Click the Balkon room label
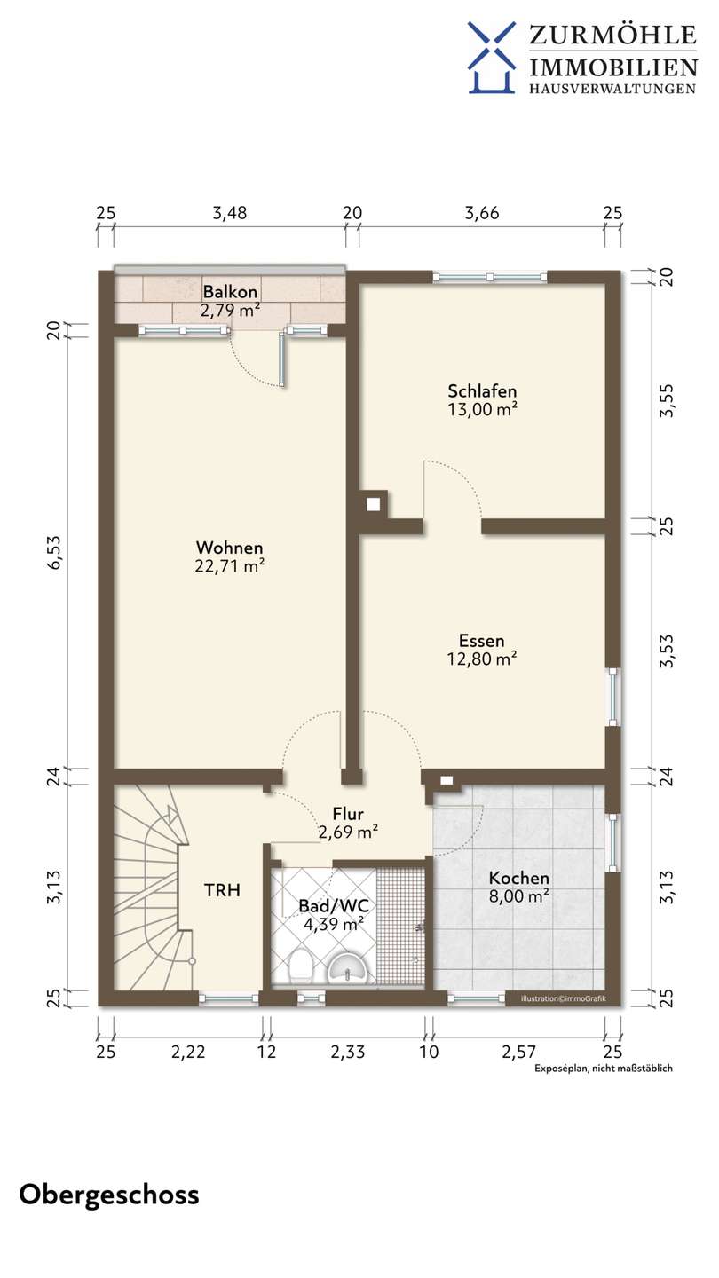point(230,291)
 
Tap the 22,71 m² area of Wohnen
point(229,566)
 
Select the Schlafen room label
point(482,390)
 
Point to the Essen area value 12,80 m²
point(482,659)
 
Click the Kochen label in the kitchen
point(518,878)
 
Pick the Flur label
point(348,814)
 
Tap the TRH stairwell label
point(222,890)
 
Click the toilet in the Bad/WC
point(300,966)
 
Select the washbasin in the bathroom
point(348,969)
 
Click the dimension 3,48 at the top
point(230,213)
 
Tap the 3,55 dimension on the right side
point(666,401)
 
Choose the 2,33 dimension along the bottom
point(348,1052)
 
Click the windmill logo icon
point(492,58)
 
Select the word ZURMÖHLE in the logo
point(612,35)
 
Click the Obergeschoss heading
point(109,1195)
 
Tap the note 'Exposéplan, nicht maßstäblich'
point(604,1068)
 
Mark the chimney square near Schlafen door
point(373,505)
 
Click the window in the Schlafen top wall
point(490,277)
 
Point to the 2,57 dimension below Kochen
point(518,1052)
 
